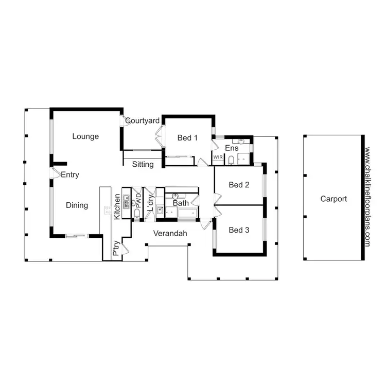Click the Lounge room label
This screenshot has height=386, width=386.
85,136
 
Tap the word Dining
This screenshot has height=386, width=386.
77,205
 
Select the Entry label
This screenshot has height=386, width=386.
70,175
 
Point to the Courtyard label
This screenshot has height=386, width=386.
143,121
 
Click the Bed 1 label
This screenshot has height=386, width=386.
187,138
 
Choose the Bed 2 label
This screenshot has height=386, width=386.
239,185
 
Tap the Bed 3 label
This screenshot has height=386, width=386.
239,230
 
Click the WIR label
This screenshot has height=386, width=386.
218,157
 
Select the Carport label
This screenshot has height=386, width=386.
334,199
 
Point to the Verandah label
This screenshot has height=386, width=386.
170,233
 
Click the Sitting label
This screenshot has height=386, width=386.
143,165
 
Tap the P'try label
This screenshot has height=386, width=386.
116,249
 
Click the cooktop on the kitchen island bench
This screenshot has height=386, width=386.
108,209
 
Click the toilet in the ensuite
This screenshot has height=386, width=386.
231,160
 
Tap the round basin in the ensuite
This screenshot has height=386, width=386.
241,141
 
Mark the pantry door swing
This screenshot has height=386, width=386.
126,251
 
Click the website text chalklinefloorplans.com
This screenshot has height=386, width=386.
367,198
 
